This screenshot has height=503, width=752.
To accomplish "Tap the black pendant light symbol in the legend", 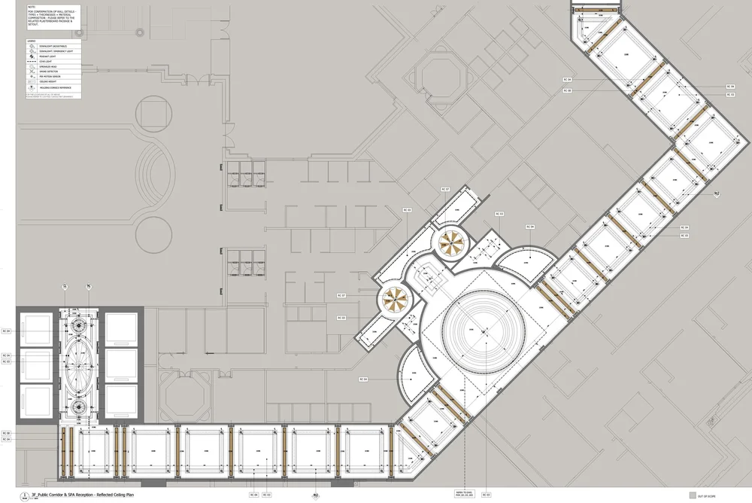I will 32,60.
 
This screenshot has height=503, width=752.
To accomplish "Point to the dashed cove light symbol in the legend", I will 32,67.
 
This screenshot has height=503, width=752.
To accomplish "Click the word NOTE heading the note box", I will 31,7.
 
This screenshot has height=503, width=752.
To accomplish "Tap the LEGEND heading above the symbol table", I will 32,40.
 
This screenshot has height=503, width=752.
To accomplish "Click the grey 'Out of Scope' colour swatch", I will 693,495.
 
